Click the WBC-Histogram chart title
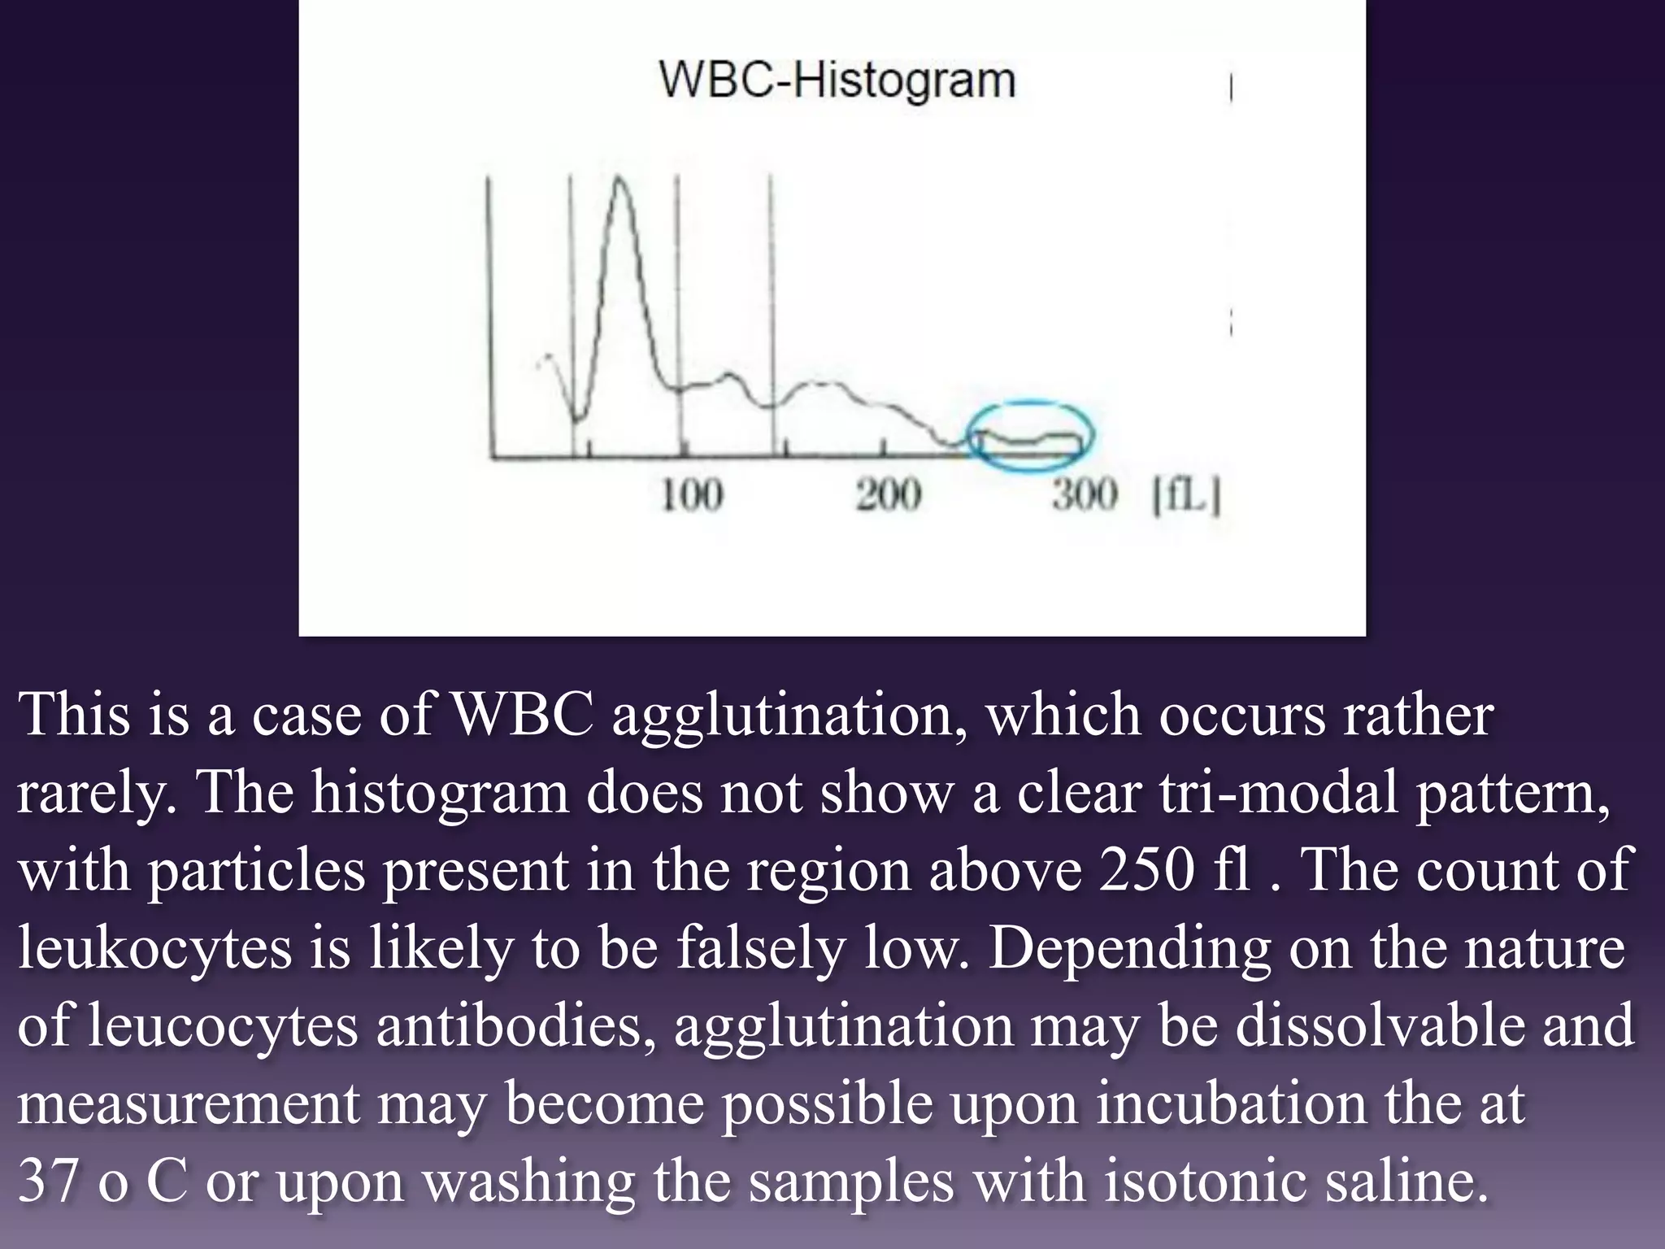(x=837, y=81)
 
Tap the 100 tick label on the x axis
(x=691, y=495)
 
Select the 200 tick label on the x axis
(x=888, y=495)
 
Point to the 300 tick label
(x=1085, y=495)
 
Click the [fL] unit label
(x=1186, y=495)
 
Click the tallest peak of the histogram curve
(x=621, y=180)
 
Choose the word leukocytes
(x=154, y=947)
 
